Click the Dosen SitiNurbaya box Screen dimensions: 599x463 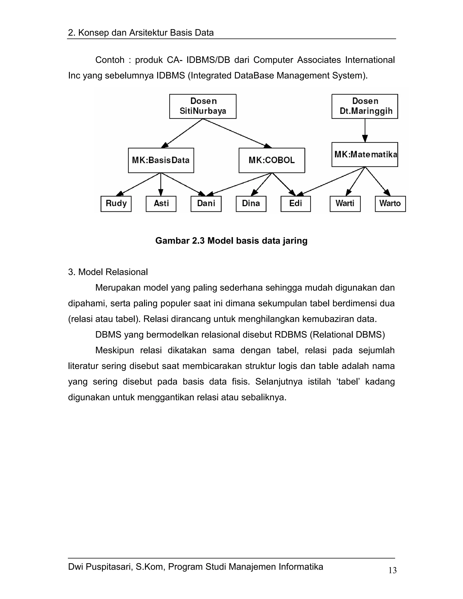[203, 106]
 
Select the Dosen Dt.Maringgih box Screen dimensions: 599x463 [364, 106]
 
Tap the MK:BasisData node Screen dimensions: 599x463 [161, 160]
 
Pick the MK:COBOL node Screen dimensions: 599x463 [272, 160]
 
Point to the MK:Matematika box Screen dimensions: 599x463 [364, 154]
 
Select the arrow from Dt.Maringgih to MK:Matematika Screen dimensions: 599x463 [365, 130]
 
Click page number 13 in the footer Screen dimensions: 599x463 [392, 570]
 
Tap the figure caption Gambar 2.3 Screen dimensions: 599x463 [231, 241]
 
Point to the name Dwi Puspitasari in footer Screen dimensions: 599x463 [100, 566]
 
